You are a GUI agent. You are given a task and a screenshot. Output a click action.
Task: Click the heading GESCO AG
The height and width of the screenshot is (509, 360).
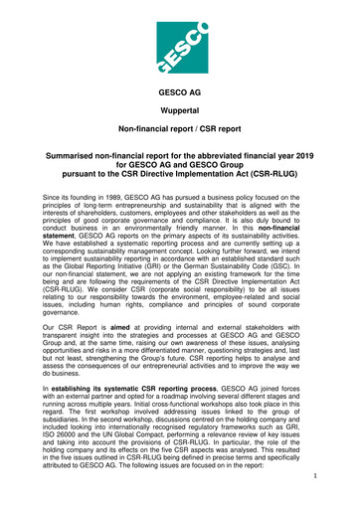coord(179,90)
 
